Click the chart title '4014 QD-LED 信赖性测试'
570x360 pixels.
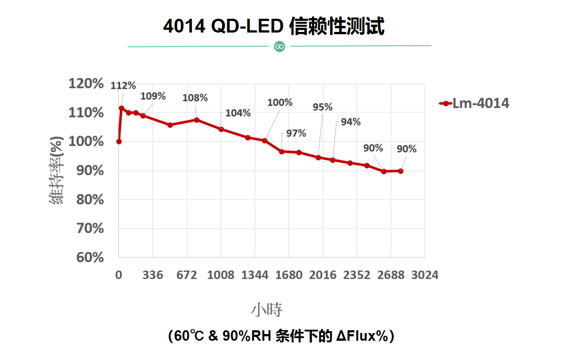(x=273, y=26)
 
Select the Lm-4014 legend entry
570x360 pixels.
(x=474, y=103)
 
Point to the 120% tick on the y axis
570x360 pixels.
(x=86, y=84)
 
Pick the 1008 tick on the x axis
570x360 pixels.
(x=221, y=275)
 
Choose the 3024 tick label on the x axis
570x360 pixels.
(x=424, y=275)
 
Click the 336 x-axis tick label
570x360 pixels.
(x=153, y=275)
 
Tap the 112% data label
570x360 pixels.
(x=123, y=85)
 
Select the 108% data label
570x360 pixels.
(x=195, y=98)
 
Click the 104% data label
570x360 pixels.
(x=238, y=113)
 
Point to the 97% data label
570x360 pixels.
(x=296, y=133)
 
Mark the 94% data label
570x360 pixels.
(x=351, y=122)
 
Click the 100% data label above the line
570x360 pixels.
(x=279, y=103)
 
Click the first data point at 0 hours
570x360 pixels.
(x=119, y=142)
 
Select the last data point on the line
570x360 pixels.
(x=400, y=171)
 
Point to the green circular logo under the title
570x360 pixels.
(x=279, y=46)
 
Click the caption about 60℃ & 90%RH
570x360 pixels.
(x=281, y=336)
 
